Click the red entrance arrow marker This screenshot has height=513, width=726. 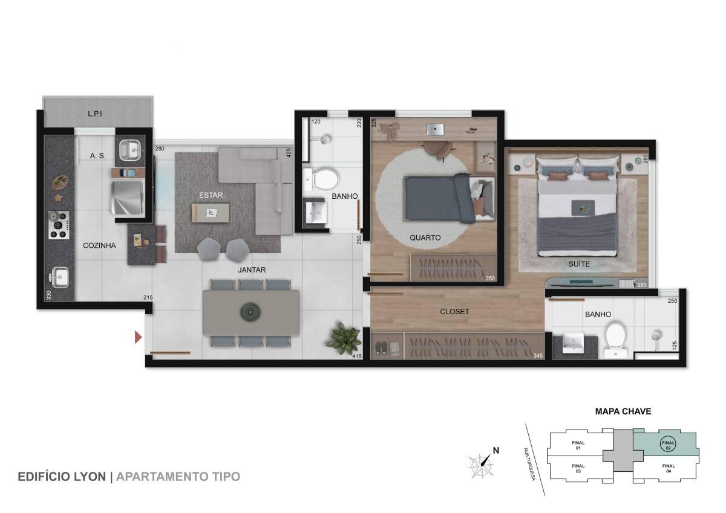(138, 337)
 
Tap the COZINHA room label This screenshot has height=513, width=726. (99, 246)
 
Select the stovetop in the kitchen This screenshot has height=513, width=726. (59, 225)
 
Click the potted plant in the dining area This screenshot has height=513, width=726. (344, 338)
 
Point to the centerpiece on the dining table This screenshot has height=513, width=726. (250, 312)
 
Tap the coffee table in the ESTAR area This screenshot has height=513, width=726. (211, 213)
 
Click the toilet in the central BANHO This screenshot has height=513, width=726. (321, 179)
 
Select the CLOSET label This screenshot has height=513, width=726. (454, 312)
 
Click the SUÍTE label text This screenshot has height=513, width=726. (579, 264)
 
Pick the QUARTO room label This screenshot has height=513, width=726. (425, 238)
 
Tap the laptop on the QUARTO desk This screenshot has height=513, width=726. (435, 129)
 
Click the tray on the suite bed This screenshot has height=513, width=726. (583, 207)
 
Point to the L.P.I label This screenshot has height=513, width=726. (95, 114)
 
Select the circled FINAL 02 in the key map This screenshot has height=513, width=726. (668, 445)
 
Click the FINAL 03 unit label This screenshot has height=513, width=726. (578, 468)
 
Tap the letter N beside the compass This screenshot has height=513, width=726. (496, 450)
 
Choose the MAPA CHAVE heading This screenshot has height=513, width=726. (623, 411)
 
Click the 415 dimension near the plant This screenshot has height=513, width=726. (357, 357)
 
